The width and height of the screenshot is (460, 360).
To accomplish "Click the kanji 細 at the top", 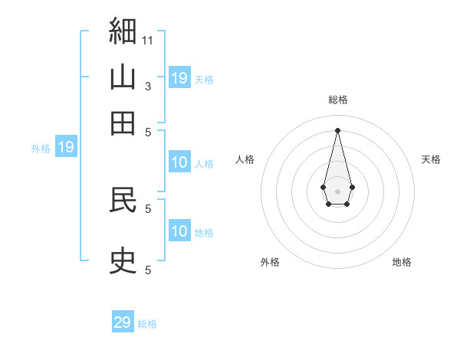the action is pyautogui.click(x=123, y=31).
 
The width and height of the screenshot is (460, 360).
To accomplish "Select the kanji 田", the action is pyautogui.click(x=123, y=123).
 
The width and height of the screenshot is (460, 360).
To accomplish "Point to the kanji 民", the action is pyautogui.click(x=123, y=200).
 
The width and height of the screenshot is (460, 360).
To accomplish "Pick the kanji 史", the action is pyautogui.click(x=123, y=260).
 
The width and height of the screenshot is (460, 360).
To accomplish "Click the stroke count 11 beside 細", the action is pyautogui.click(x=147, y=41).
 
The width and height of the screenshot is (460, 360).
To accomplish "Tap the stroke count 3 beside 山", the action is pyautogui.click(x=148, y=87).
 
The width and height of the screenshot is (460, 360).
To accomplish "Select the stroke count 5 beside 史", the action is pyautogui.click(x=148, y=270).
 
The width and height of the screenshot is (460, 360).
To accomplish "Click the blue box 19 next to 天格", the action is pyautogui.click(x=179, y=77).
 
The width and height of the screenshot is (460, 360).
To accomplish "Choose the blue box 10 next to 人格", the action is pyautogui.click(x=179, y=162).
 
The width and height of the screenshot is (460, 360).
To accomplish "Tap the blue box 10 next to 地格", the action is pyautogui.click(x=179, y=230).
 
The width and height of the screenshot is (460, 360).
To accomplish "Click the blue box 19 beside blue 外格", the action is pyautogui.click(x=66, y=146).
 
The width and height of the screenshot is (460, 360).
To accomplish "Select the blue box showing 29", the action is pyautogui.click(x=123, y=321).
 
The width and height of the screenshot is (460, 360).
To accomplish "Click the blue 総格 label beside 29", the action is pyautogui.click(x=147, y=324).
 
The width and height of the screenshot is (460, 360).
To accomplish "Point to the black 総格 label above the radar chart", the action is pyautogui.click(x=338, y=100).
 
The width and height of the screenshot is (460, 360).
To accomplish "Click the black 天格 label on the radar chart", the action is pyautogui.click(x=431, y=159).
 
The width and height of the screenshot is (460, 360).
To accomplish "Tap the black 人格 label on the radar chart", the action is pyautogui.click(x=245, y=159).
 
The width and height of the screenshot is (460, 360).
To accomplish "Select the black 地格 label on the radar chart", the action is pyautogui.click(x=402, y=262).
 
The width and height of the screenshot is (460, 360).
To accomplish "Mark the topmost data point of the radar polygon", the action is pyautogui.click(x=337, y=130).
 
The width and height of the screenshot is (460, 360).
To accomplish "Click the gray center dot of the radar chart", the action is pyautogui.click(x=337, y=191).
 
